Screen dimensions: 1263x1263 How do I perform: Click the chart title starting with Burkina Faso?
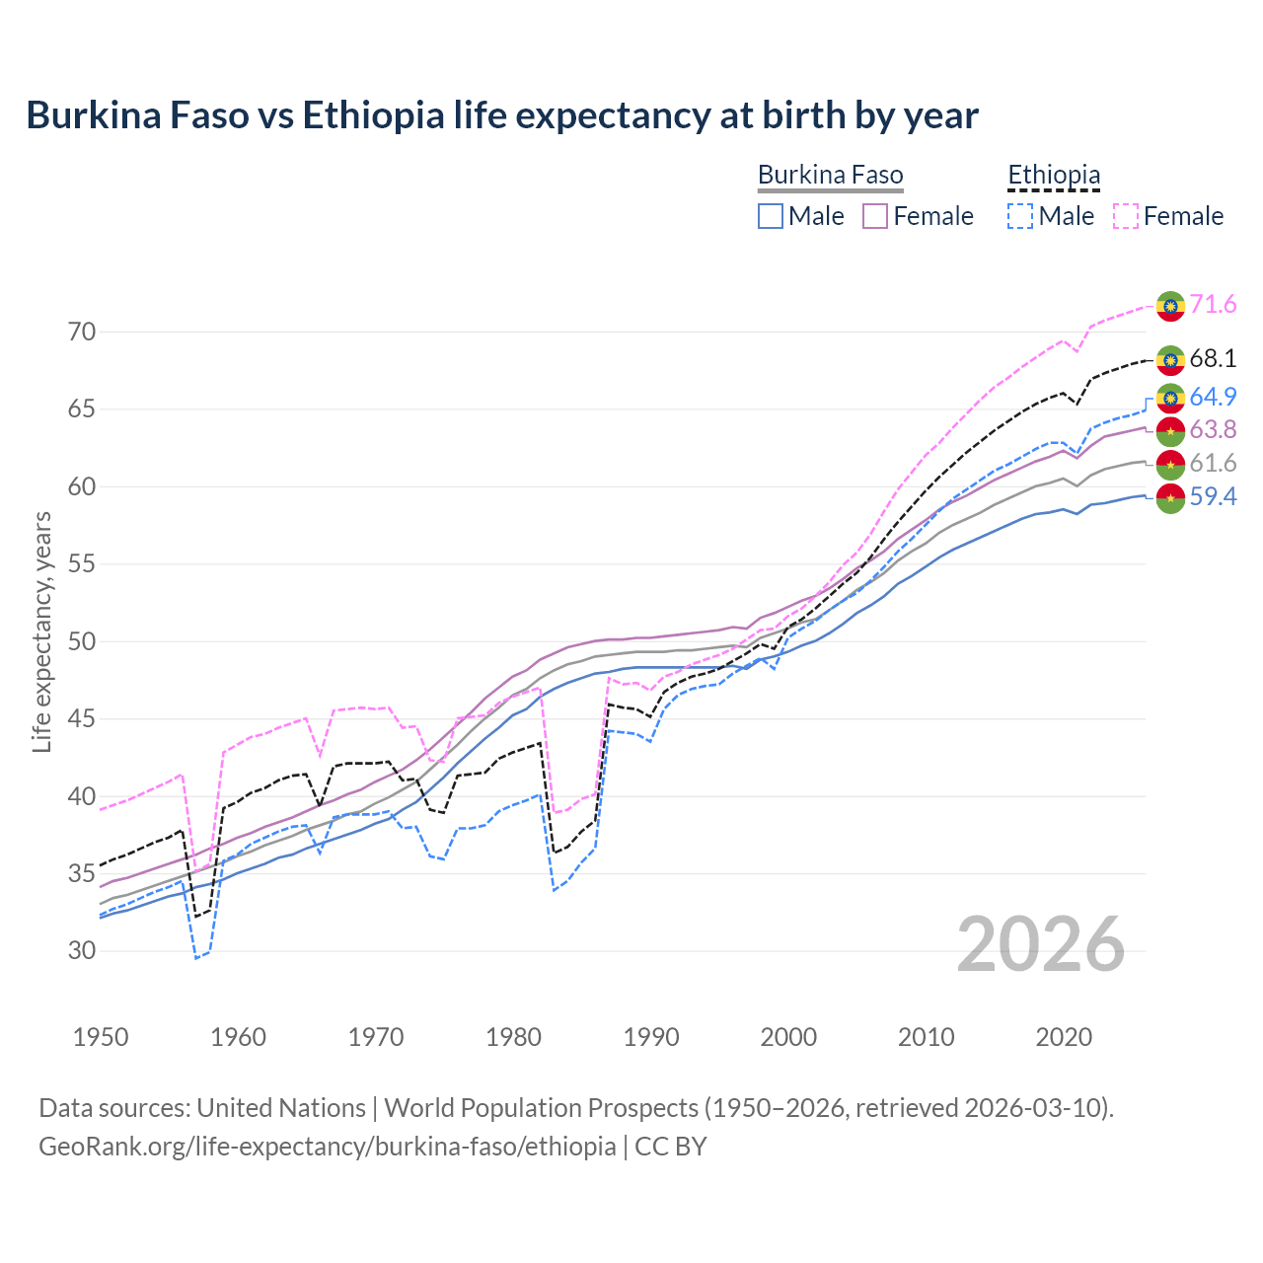coord(502,115)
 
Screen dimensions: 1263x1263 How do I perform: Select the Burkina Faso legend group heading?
coord(830,176)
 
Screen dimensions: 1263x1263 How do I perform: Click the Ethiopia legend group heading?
coord(1053,176)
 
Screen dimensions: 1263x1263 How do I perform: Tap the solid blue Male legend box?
coord(771,216)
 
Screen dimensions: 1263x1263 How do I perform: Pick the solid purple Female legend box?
coord(875,216)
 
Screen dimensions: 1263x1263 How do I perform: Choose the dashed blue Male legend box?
coord(1020,216)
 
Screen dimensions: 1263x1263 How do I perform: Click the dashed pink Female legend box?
coord(1126,216)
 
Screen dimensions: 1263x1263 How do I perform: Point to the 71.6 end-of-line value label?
coord(1213,305)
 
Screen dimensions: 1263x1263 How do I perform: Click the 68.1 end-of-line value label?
coord(1213,359)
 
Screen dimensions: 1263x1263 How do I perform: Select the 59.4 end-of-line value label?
coord(1213,496)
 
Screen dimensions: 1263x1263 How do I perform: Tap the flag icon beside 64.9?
coord(1170,398)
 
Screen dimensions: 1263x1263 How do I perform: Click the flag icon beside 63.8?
coord(1170,430)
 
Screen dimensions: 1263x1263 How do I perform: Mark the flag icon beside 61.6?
coord(1170,464)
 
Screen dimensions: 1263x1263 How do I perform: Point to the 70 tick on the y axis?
coord(83,333)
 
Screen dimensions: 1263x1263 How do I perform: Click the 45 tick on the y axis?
coord(83,719)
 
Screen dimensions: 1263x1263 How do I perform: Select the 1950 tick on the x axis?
coord(101,1037)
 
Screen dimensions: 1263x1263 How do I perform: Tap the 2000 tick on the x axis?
coord(788,1037)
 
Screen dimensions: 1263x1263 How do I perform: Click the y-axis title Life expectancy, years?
coord(41,631)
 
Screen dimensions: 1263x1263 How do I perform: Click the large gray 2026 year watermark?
coord(1041,944)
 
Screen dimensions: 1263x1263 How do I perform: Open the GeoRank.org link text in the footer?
coord(327,1147)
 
